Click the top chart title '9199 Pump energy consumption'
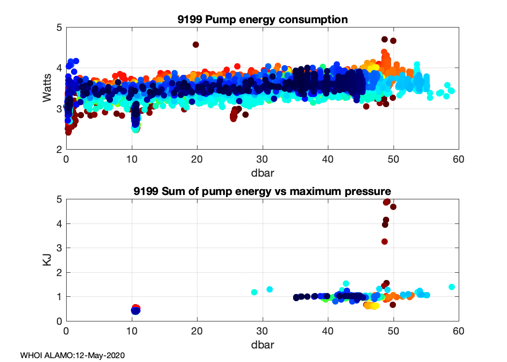pyautogui.click(x=262, y=20)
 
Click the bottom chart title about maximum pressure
pyautogui.click(x=262, y=192)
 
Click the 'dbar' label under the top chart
pyautogui.click(x=262, y=171)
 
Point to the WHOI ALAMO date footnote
pyautogui.click(x=72, y=355)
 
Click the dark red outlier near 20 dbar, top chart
pyautogui.click(x=196, y=44)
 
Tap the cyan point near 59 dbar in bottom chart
pyautogui.click(x=452, y=287)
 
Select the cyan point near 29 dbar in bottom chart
pyautogui.click(x=254, y=292)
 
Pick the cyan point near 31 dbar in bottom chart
pyautogui.click(x=270, y=289)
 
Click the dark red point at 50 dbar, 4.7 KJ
pyautogui.click(x=393, y=207)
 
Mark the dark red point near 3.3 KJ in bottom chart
pyautogui.click(x=384, y=241)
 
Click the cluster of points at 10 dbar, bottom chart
pyautogui.click(x=136, y=309)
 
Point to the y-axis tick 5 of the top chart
pyautogui.click(x=58, y=28)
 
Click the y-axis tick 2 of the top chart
pyautogui.click(x=58, y=149)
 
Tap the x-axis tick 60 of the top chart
pyautogui.click(x=459, y=158)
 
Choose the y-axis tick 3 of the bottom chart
pyautogui.click(x=58, y=248)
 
